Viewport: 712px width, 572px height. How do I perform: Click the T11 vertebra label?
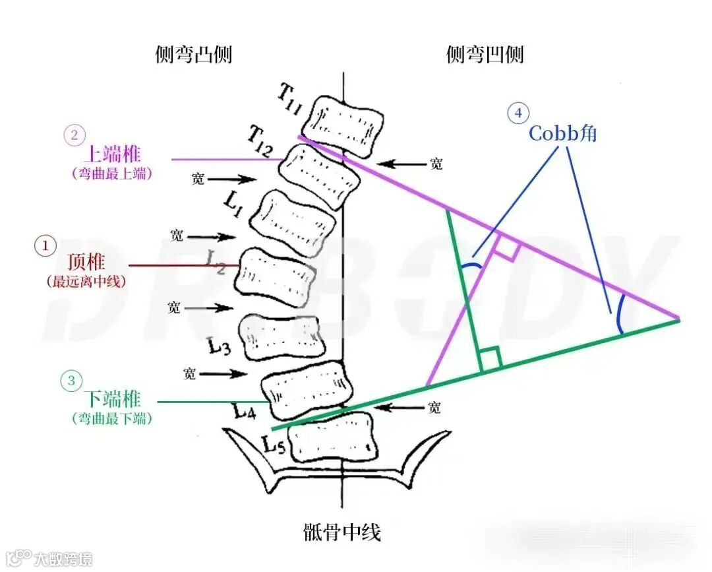click(x=289, y=102)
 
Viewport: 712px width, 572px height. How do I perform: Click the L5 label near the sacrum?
click(x=275, y=445)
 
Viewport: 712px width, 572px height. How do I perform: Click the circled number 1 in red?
click(x=45, y=246)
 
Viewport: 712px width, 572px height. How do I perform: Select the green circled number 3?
click(x=71, y=380)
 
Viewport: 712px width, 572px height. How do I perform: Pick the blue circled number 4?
click(x=518, y=113)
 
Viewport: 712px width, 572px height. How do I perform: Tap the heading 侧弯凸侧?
click(x=193, y=55)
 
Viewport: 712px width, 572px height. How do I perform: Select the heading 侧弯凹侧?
click(x=485, y=55)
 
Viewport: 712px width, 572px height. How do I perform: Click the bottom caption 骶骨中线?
click(x=342, y=532)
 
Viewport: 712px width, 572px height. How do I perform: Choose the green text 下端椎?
click(x=112, y=399)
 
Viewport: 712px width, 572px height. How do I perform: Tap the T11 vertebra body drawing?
click(x=347, y=123)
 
